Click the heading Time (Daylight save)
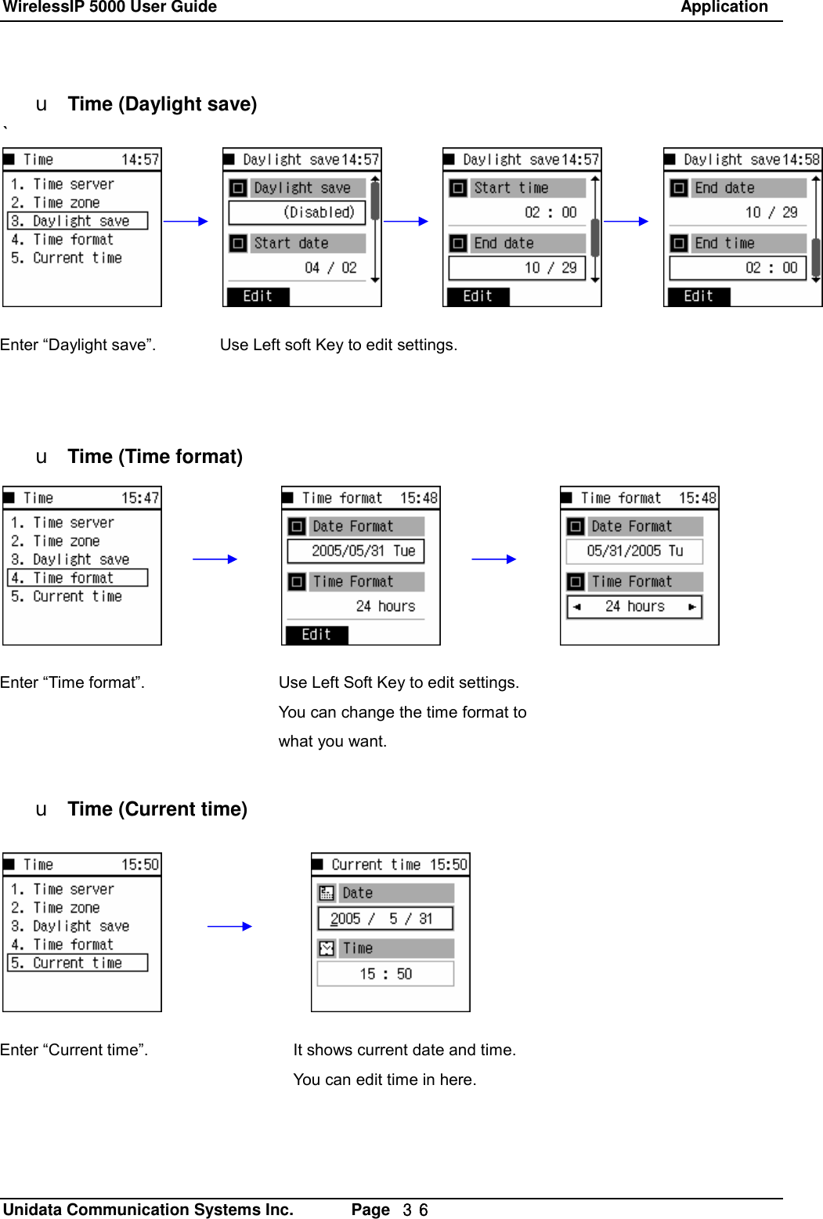[x=162, y=104]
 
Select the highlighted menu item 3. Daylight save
[x=78, y=221]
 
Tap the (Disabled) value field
[x=298, y=212]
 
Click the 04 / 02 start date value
[x=330, y=268]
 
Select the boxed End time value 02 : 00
[x=738, y=268]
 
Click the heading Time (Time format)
[x=155, y=457]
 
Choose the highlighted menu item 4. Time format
[x=78, y=578]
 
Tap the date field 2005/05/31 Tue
[x=356, y=551]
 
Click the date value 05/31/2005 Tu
[x=634, y=551]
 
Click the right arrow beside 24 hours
[x=691, y=606]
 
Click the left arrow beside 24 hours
[x=577, y=606]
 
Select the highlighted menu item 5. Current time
[x=78, y=963]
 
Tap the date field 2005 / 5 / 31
[x=385, y=919]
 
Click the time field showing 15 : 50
[x=385, y=974]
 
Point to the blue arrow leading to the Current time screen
[x=229, y=926]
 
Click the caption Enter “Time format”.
[x=72, y=682]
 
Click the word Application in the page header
[x=724, y=8]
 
